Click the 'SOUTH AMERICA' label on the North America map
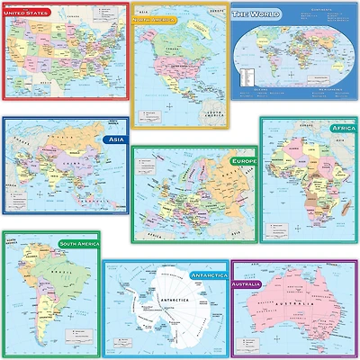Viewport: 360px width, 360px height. (x=210, y=115)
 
